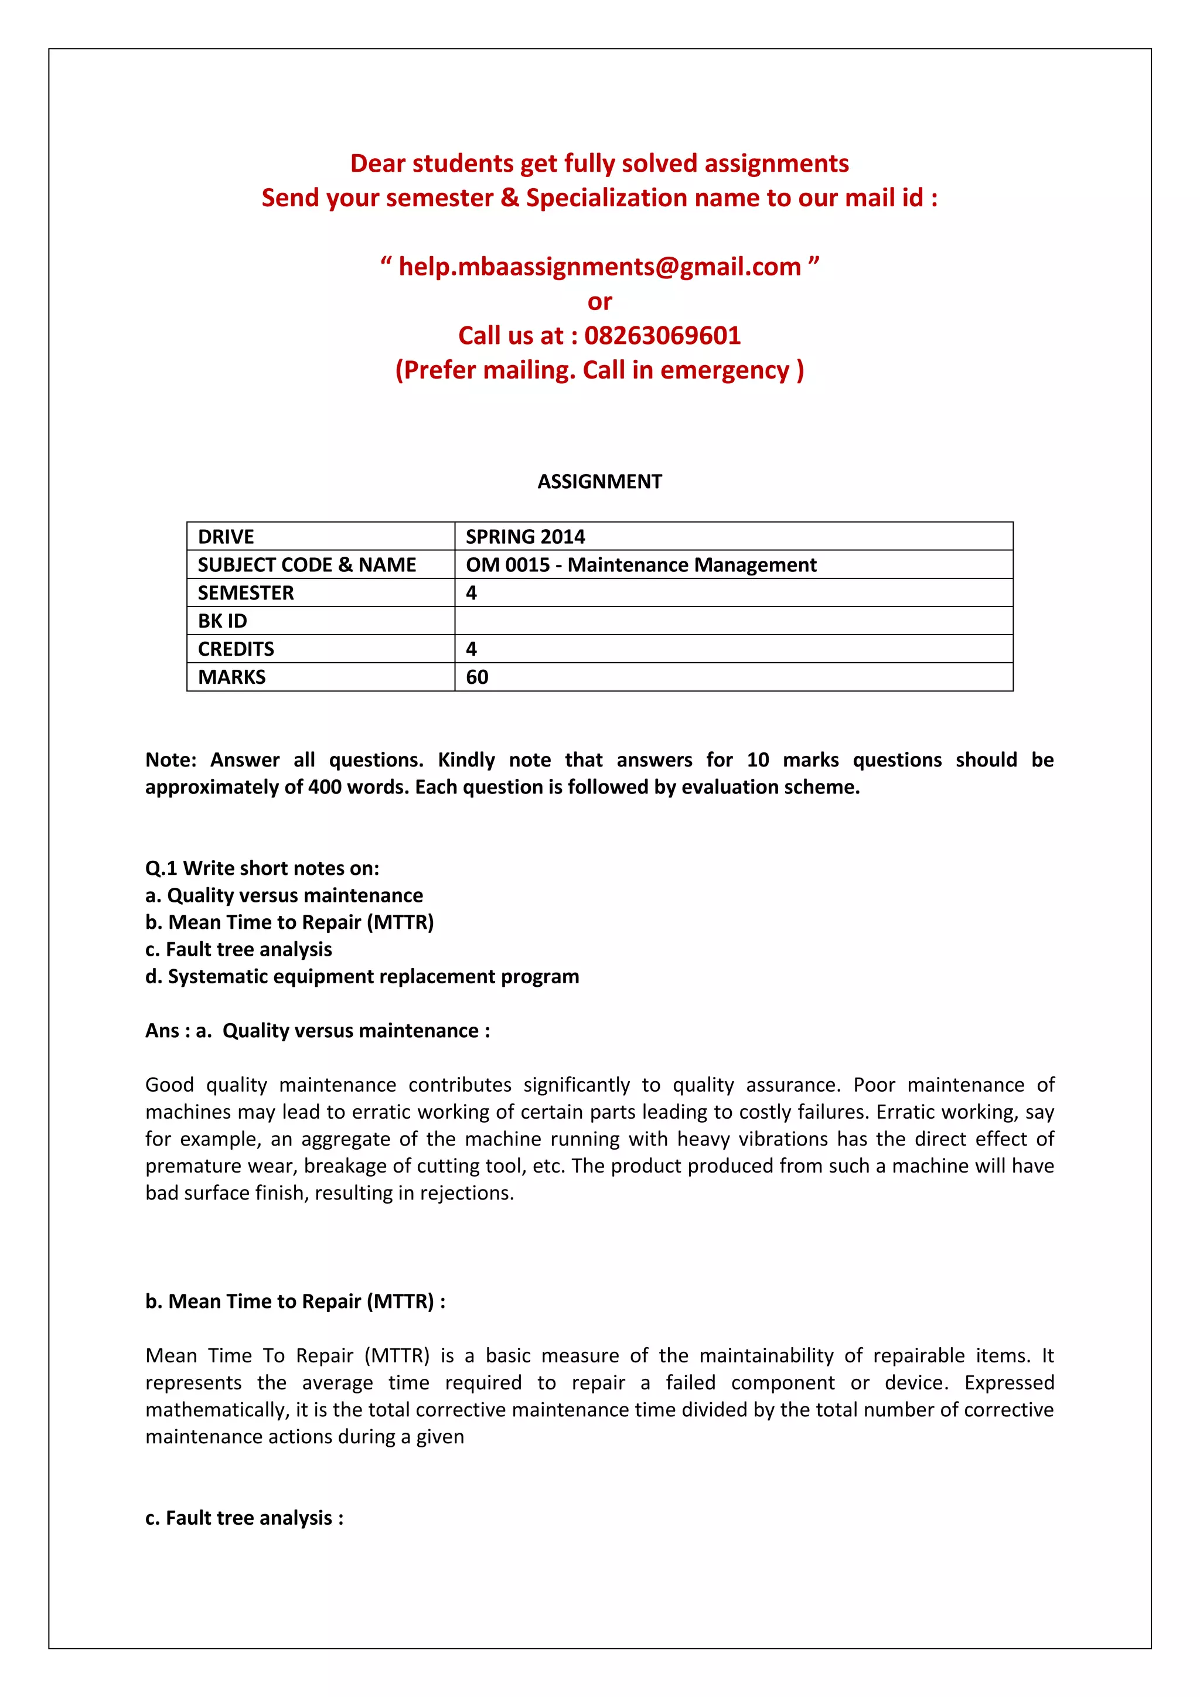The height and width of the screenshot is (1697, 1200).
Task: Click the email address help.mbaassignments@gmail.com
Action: click(599, 267)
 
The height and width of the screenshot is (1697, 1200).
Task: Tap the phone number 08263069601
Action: click(662, 336)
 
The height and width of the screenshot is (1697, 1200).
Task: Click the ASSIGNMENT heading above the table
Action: click(599, 482)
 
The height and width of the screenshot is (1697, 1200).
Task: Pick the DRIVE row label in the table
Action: click(226, 537)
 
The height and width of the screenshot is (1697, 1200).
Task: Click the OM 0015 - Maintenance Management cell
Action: click(640, 565)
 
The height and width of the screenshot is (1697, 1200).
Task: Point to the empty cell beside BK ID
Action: click(733, 621)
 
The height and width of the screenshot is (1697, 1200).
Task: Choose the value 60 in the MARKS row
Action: click(478, 677)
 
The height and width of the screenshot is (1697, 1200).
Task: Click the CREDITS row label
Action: click(236, 649)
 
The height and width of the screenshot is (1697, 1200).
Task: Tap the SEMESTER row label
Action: click(246, 593)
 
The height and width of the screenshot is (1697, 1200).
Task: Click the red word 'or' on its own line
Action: click(599, 302)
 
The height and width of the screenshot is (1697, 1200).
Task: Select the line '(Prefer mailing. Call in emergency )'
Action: click(599, 370)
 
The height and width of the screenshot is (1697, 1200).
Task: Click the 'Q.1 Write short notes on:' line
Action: click(262, 868)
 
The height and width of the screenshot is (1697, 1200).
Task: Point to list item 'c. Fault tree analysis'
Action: click(238, 950)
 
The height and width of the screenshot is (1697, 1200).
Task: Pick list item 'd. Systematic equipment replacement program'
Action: click(362, 977)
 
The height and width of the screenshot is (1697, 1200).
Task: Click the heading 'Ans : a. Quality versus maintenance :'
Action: click(318, 1031)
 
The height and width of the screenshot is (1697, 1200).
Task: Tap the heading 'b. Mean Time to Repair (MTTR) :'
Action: click(295, 1301)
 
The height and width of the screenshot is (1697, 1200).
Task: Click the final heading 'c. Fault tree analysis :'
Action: click(244, 1518)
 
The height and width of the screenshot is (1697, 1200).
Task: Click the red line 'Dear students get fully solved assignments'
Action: click(599, 163)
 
